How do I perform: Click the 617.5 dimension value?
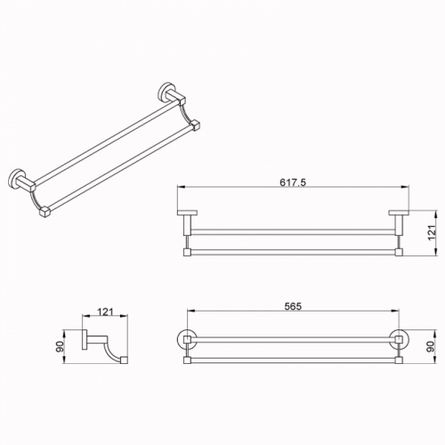pyautogui.click(x=293, y=182)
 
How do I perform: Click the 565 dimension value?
pyautogui.click(x=293, y=306)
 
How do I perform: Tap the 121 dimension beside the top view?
pyautogui.click(x=432, y=232)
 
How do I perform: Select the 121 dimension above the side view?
pyautogui.click(x=105, y=311)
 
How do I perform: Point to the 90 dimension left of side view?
pyautogui.click(x=60, y=346)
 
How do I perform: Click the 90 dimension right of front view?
pyautogui.click(x=431, y=346)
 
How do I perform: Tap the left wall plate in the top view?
pyautogui.click(x=187, y=213)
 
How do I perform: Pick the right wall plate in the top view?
pyautogui.click(x=399, y=213)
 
